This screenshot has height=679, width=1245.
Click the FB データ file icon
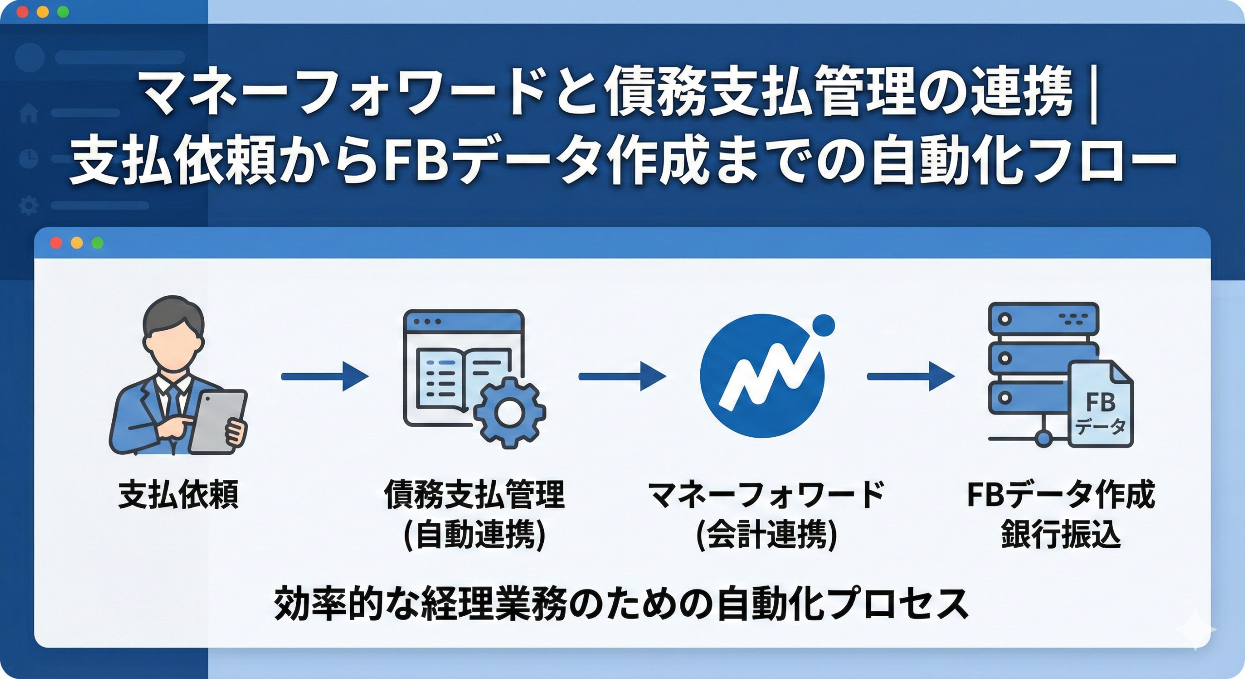1101,404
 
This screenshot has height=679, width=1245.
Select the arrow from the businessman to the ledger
324,376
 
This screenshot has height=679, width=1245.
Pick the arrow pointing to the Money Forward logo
622,376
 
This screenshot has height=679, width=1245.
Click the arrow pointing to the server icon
910,376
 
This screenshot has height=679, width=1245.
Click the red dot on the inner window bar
56,243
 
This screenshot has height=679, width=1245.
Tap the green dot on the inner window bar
97,243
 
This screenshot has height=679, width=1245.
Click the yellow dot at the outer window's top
43,12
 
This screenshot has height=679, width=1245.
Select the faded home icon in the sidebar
29,113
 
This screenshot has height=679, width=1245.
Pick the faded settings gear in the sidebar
29,205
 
